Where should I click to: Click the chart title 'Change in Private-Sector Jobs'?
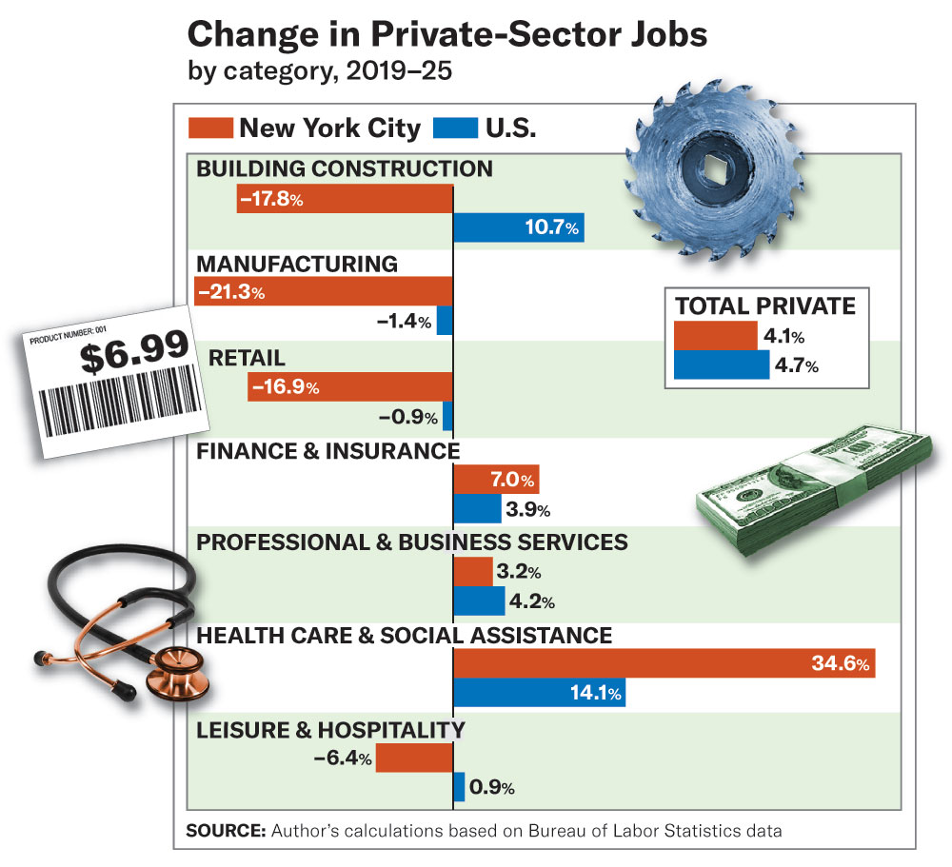pyautogui.click(x=447, y=35)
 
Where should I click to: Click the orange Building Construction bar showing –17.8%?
pyautogui.click(x=345, y=199)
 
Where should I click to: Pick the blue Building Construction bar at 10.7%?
pyautogui.click(x=518, y=228)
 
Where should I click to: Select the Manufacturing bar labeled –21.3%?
pyautogui.click(x=324, y=291)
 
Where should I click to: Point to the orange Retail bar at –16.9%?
pyautogui.click(x=350, y=385)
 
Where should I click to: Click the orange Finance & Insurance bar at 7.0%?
pyautogui.click(x=496, y=479)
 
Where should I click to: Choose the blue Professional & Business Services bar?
pyautogui.click(x=479, y=601)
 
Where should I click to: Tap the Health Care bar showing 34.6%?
pyautogui.click(x=664, y=663)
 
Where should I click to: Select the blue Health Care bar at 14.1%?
pyautogui.click(x=539, y=692)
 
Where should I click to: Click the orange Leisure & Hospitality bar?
pyautogui.click(x=414, y=758)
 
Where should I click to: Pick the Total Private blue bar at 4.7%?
pyautogui.click(x=721, y=365)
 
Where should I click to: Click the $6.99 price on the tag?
pyautogui.click(x=133, y=355)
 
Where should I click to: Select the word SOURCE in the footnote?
pyautogui.click(x=226, y=831)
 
